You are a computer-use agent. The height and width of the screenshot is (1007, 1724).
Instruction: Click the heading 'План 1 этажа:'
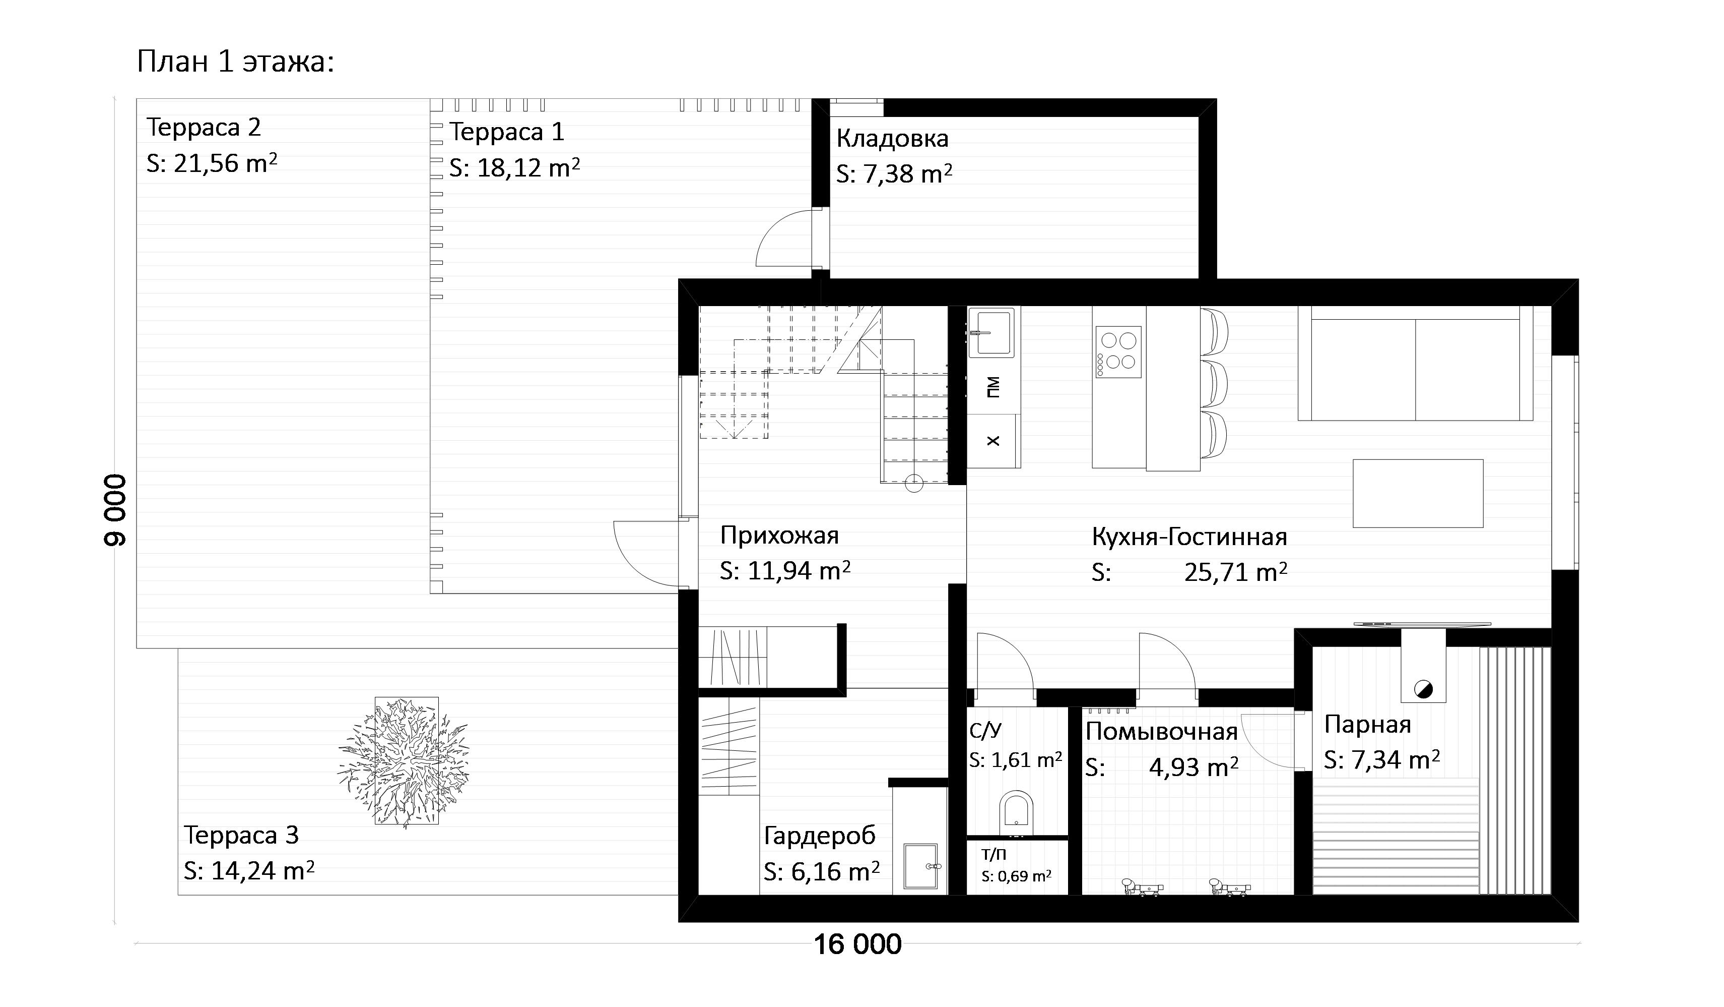coord(235,62)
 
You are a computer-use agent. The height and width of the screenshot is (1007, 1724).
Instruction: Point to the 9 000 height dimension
coord(115,510)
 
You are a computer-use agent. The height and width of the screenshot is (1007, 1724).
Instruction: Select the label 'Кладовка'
coord(892,139)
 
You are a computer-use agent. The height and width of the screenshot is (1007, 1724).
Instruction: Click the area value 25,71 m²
coord(1235,572)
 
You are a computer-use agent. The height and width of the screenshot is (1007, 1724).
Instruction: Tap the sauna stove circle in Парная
coord(1423,689)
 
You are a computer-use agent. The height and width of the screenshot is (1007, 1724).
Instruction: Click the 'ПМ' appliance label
coord(993,387)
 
